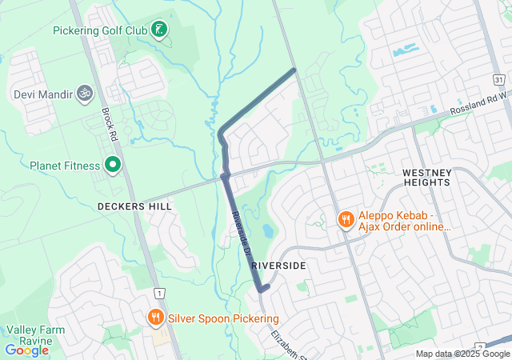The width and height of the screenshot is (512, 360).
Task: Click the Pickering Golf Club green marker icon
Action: click(160, 30)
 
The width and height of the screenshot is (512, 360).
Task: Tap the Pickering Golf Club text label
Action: click(100, 30)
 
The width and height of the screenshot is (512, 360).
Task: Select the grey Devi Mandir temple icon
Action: click(84, 94)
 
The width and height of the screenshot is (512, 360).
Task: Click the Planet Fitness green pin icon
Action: click(113, 166)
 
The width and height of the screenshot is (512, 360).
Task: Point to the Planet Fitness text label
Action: click(65, 166)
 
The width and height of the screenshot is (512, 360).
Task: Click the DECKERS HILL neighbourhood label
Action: click(134, 206)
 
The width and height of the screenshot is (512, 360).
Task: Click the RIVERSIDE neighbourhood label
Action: click(278, 264)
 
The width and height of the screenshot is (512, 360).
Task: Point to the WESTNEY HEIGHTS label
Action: click(427, 178)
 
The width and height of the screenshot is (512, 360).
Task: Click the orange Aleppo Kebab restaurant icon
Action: click(346, 219)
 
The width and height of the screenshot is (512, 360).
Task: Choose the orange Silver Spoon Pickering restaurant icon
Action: click(155, 318)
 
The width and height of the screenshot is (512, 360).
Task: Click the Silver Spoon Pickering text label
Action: click(218, 318)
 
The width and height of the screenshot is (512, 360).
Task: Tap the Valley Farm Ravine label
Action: click(28, 335)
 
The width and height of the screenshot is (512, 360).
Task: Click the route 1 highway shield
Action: click(161, 293)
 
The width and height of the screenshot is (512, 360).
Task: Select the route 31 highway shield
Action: click(499, 81)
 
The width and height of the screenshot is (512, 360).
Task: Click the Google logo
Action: click(26, 350)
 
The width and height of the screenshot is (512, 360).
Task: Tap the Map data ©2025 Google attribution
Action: click(462, 354)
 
